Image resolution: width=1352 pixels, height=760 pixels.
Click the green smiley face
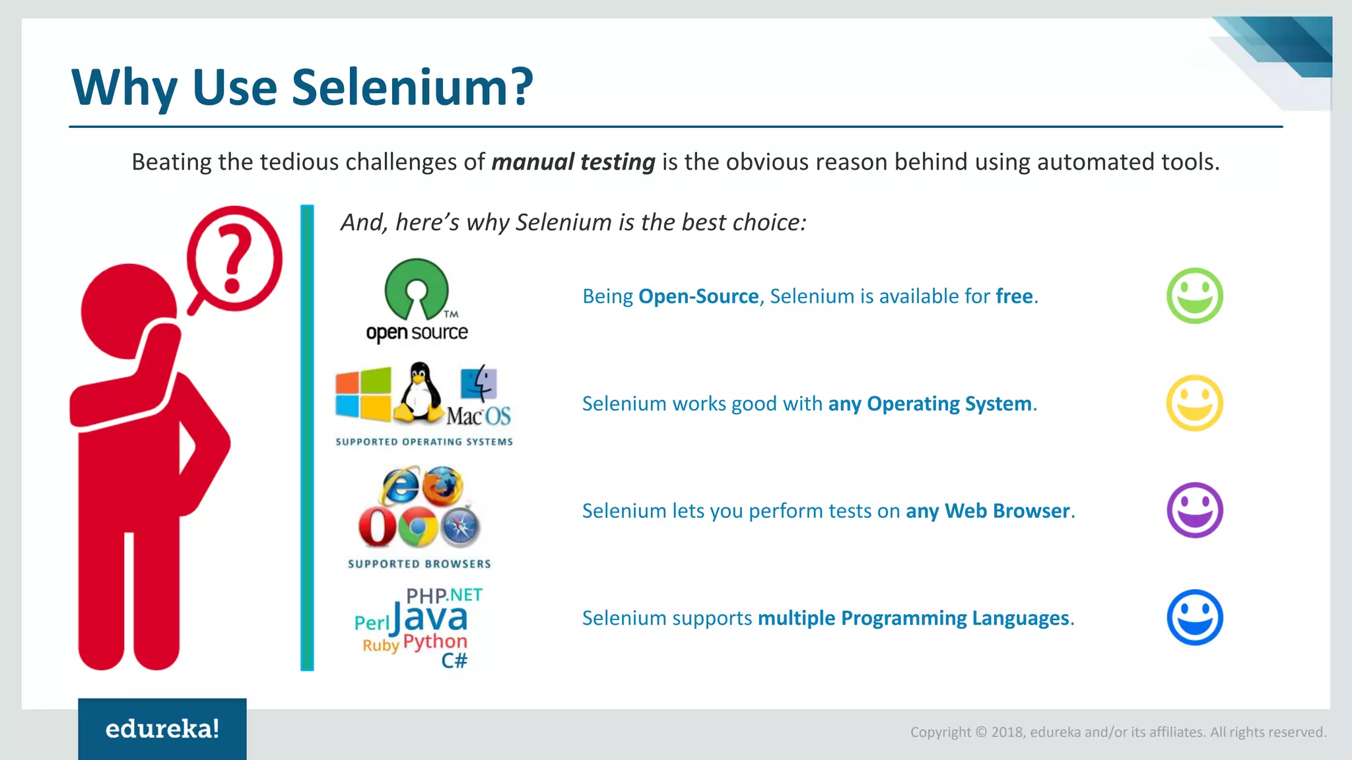[1194, 296]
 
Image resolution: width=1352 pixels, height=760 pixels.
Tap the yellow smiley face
[1194, 403]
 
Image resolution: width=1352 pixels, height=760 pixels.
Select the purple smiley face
[1194, 510]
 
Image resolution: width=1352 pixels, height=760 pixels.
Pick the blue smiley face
[1194, 617]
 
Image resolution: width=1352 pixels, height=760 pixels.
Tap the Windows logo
[362, 395]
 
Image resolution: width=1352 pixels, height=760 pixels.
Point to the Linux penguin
[419, 393]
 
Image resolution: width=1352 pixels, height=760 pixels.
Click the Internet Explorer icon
[399, 486]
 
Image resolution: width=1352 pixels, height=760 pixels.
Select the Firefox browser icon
[442, 486]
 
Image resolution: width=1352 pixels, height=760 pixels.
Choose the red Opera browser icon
[377, 527]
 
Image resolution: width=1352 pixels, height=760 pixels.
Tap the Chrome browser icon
[418, 527]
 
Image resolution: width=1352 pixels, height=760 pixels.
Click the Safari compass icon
[460, 527]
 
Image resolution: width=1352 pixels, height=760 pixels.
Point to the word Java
[430, 618]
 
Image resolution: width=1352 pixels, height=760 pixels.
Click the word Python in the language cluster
[435, 641]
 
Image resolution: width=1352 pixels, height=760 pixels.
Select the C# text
[454, 660]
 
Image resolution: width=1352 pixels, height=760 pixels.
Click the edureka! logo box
[162, 729]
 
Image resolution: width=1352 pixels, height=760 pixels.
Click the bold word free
[1014, 296]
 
